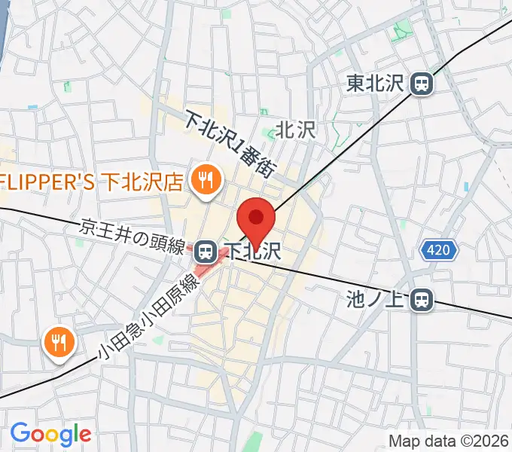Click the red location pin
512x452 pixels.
pos(256,218)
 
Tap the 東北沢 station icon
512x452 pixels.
pos(423,84)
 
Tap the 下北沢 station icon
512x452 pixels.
pos(209,251)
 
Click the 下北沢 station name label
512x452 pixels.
pos(254,251)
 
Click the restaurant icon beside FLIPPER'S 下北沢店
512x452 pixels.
pos(204,180)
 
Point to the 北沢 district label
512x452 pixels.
pos(295,130)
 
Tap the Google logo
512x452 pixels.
pos(50,434)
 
